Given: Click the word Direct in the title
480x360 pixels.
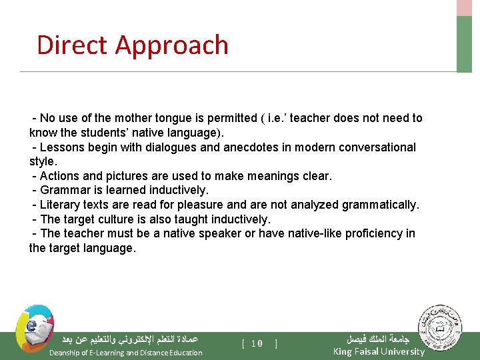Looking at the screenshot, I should pos(72,45).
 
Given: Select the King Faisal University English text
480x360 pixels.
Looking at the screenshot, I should pos(378,351).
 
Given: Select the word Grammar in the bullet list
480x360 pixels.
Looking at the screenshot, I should pos(64,190).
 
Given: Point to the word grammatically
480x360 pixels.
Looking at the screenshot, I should pos(381,205).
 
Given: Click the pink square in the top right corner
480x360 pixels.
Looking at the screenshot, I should pos(464,7).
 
